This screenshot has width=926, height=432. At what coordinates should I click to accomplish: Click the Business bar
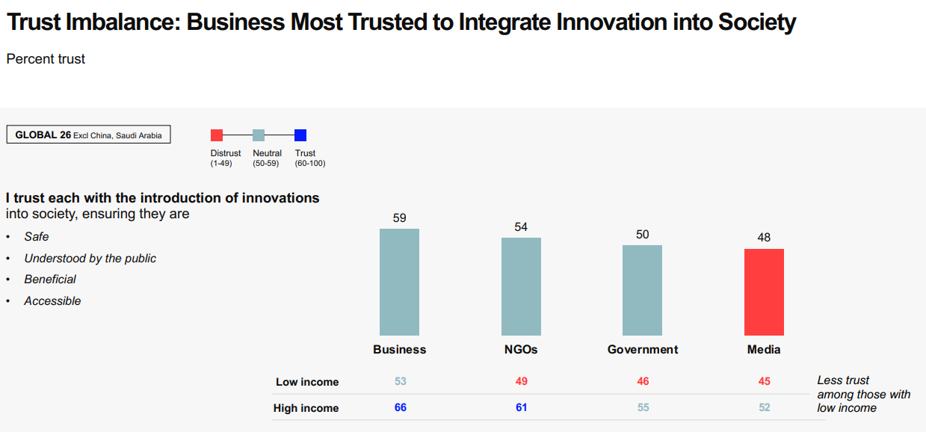[399, 282]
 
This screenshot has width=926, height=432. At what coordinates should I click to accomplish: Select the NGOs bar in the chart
[521, 286]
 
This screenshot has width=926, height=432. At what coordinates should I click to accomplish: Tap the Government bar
[642, 290]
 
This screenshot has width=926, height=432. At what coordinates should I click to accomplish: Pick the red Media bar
[764, 292]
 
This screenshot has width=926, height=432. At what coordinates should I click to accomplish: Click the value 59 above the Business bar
[400, 218]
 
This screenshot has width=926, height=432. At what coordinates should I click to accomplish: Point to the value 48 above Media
[763, 238]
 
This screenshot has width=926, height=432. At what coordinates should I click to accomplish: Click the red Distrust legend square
[217, 135]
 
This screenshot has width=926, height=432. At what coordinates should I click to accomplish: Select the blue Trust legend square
[300, 135]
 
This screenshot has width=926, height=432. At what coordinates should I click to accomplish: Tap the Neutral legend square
[259, 135]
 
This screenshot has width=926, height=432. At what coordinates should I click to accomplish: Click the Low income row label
[307, 382]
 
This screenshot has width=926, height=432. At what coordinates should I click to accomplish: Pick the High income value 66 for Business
[401, 407]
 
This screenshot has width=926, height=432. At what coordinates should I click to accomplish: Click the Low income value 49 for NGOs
[522, 381]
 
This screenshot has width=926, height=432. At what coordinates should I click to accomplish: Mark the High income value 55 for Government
[643, 407]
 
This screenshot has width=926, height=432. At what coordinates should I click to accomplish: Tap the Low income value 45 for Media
[764, 381]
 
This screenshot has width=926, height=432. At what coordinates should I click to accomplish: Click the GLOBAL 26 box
[89, 135]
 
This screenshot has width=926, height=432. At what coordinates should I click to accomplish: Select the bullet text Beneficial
[50, 280]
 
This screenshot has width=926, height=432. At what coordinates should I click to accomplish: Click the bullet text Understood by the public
[90, 259]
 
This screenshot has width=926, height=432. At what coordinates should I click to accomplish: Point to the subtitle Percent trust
[46, 59]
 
